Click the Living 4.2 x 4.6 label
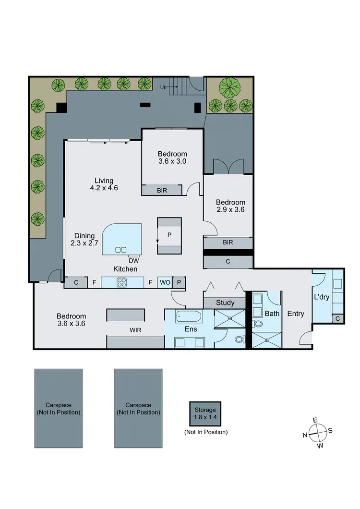pos(104,184)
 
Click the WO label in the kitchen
pos(164,283)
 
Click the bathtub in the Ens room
pos(189,316)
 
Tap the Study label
pos(225,303)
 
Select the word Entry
pos(296,314)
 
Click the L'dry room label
pos(322,297)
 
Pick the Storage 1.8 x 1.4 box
pos(205,413)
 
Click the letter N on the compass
pos(305,435)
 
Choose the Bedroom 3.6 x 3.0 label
pos(172,158)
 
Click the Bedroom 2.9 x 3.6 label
pos(230,206)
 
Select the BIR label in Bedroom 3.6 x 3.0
pos(162,191)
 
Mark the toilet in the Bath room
pos(259,324)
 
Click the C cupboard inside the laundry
pos(338,318)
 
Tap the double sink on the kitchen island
pos(121,249)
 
